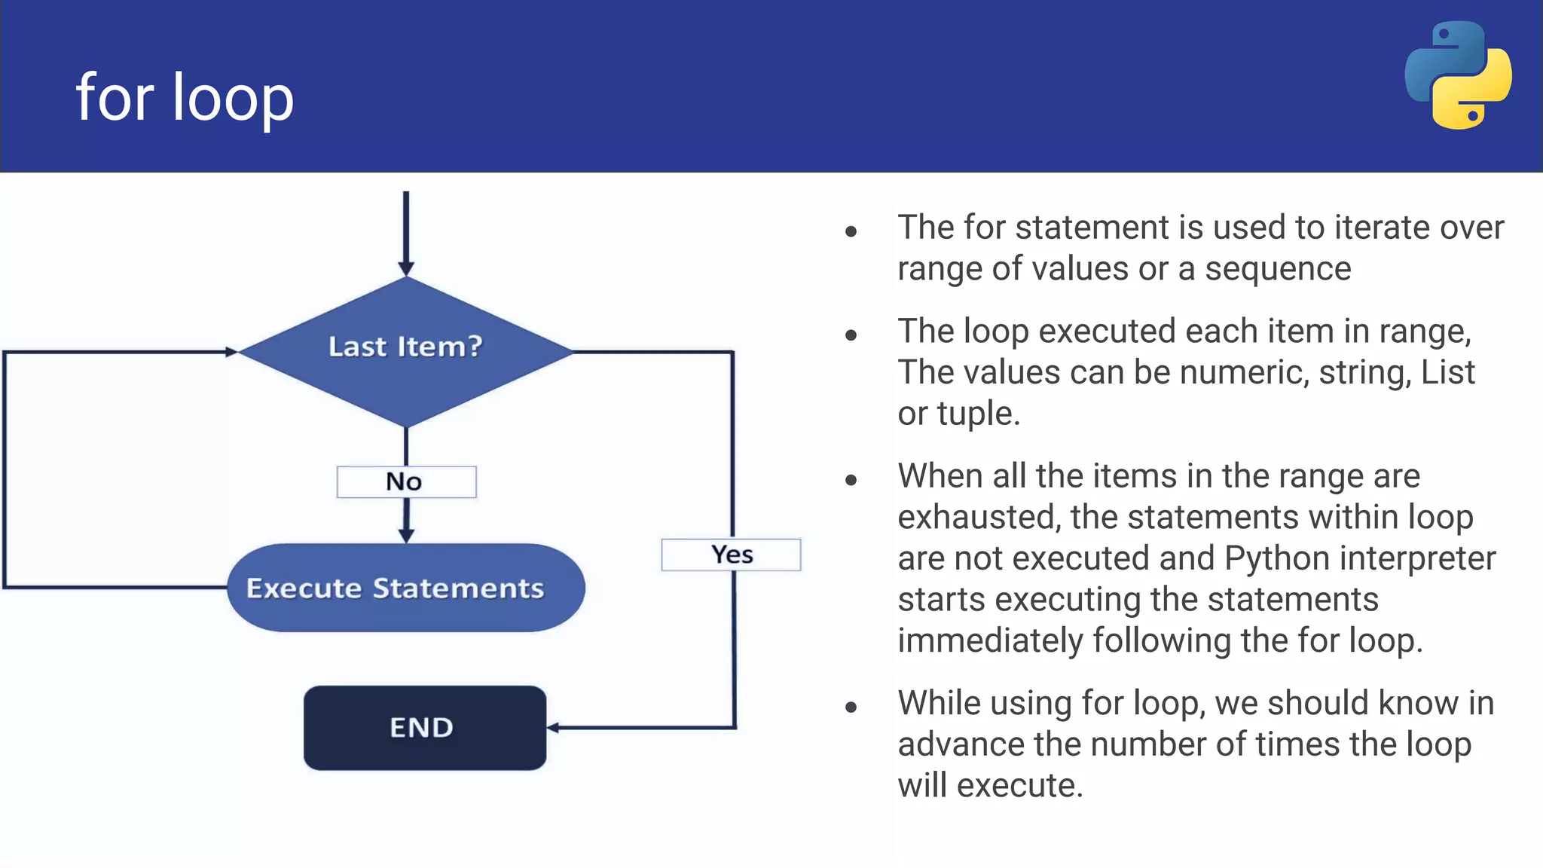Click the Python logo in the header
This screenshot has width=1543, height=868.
pyautogui.click(x=1458, y=75)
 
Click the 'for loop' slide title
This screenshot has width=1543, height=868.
pyautogui.click(x=185, y=98)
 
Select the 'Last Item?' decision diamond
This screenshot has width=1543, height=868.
pyautogui.click(x=405, y=350)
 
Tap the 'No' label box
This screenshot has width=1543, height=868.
pyautogui.click(x=406, y=482)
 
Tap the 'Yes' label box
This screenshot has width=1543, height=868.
pyautogui.click(x=731, y=555)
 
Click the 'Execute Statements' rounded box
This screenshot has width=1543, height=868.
pyautogui.click(x=405, y=588)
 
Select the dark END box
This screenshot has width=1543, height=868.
pyautogui.click(x=424, y=728)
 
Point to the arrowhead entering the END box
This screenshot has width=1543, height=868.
pyautogui.click(x=553, y=728)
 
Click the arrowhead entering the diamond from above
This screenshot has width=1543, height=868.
pyautogui.click(x=406, y=268)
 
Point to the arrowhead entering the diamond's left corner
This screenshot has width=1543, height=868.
pyautogui.click(x=231, y=352)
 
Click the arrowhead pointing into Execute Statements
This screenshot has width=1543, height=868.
pyautogui.click(x=406, y=535)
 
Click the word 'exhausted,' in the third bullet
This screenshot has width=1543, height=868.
pyautogui.click(x=979, y=518)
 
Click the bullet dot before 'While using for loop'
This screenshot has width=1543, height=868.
pyautogui.click(x=851, y=707)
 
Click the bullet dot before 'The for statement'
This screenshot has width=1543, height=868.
pyautogui.click(x=851, y=231)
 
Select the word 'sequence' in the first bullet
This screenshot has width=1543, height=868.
pyautogui.click(x=1278, y=269)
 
